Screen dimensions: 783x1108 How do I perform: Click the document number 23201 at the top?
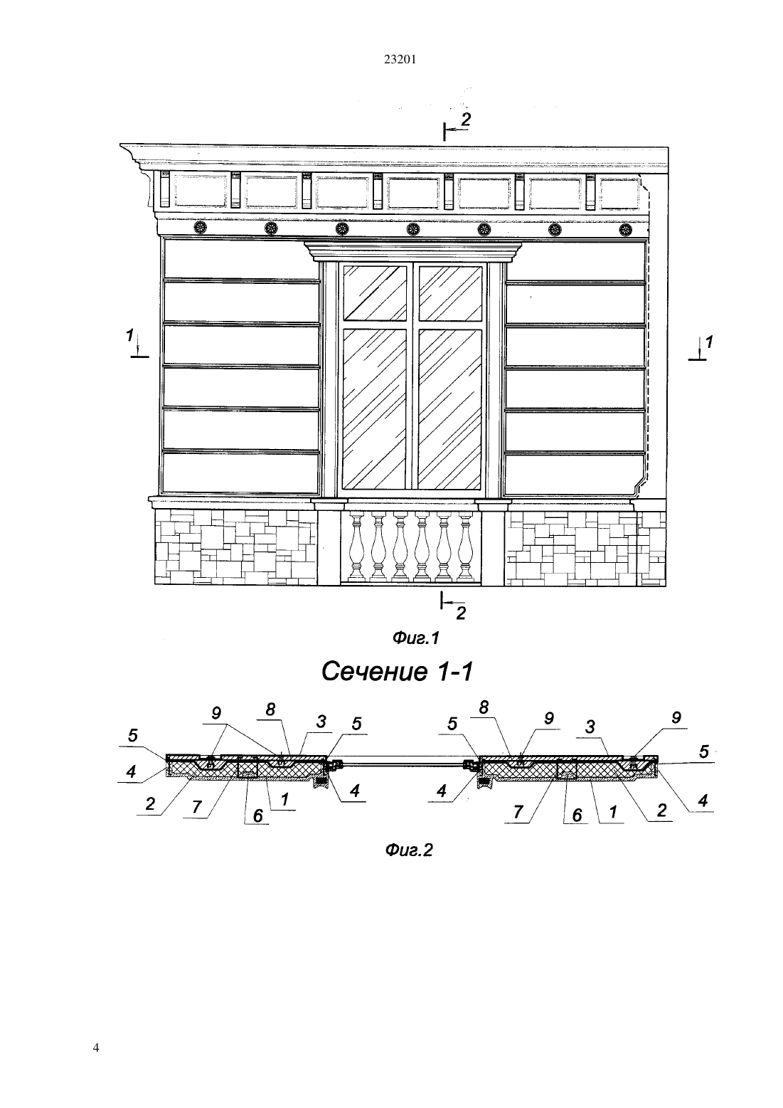coord(400,60)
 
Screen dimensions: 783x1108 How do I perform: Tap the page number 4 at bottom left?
coord(96,1048)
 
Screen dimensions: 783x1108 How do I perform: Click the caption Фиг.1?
coord(416,638)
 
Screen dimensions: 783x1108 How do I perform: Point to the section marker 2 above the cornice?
coord(465,120)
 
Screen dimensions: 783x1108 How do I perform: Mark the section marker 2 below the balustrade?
coord(461,613)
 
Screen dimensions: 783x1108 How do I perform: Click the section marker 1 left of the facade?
coord(129,336)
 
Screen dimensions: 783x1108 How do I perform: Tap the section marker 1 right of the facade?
coord(709,342)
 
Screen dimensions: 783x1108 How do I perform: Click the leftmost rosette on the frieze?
coord(201,228)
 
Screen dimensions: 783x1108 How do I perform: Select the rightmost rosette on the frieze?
coord(627,230)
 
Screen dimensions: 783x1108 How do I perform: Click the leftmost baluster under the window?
coord(356,547)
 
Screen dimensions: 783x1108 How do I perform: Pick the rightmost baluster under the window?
coord(466,547)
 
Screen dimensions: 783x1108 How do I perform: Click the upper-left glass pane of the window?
coord(375,293)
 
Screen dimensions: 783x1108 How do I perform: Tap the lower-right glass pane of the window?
coord(450,408)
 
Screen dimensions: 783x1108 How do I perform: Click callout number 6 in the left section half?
coord(257,816)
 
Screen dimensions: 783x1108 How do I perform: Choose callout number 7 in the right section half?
coord(518,812)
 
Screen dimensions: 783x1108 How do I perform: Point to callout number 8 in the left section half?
coord(270,709)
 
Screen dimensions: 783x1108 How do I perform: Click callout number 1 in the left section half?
coord(284,799)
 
